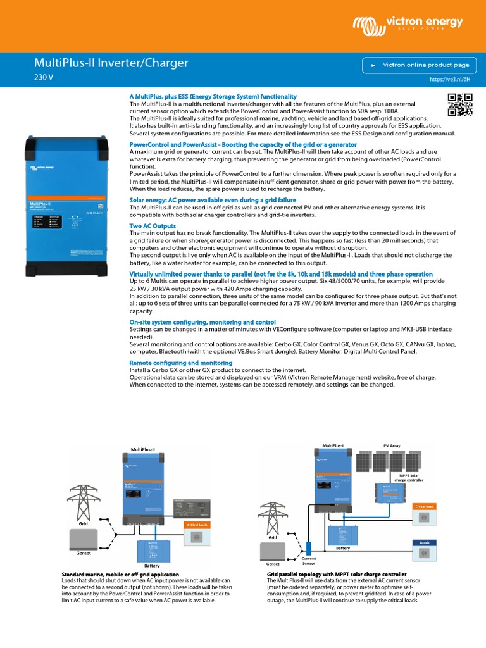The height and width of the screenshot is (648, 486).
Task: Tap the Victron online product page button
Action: point(418,65)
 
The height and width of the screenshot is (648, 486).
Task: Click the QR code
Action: point(460,104)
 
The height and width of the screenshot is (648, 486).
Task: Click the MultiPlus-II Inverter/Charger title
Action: point(111,64)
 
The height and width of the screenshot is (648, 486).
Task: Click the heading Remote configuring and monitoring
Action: point(180,363)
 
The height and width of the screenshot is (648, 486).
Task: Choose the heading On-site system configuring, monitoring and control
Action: point(202,322)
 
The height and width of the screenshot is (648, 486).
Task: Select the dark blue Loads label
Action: point(424,542)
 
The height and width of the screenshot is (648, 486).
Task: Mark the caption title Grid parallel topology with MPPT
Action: point(336,575)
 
